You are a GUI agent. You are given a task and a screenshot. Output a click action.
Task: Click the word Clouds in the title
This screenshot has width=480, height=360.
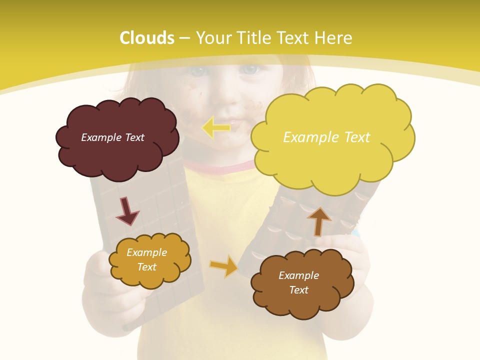tap(146, 38)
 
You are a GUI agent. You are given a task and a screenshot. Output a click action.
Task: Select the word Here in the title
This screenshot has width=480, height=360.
tap(333, 38)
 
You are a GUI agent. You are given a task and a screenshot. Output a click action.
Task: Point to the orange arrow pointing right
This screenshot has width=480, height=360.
tap(223, 266)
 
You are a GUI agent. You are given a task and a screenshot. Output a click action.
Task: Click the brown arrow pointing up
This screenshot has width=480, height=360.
tap(319, 221)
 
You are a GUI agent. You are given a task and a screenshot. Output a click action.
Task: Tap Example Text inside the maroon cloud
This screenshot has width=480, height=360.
tap(112, 137)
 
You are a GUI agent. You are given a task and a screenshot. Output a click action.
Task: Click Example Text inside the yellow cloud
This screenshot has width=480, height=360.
tap(326, 137)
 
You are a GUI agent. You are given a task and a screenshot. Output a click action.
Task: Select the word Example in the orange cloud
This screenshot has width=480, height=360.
tap(146, 252)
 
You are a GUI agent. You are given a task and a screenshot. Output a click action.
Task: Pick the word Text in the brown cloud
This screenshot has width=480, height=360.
tap(298, 290)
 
